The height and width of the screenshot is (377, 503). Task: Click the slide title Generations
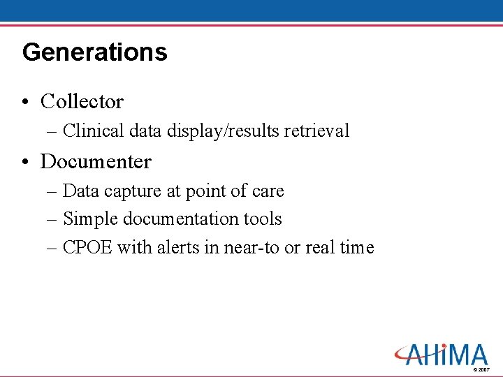(x=95, y=52)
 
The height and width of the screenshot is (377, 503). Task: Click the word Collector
(x=82, y=102)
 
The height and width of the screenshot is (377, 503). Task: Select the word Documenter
(x=96, y=162)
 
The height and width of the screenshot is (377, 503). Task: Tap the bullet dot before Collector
(x=25, y=103)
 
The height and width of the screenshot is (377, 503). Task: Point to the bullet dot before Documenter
(x=25, y=163)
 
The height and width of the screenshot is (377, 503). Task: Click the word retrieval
(x=318, y=131)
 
